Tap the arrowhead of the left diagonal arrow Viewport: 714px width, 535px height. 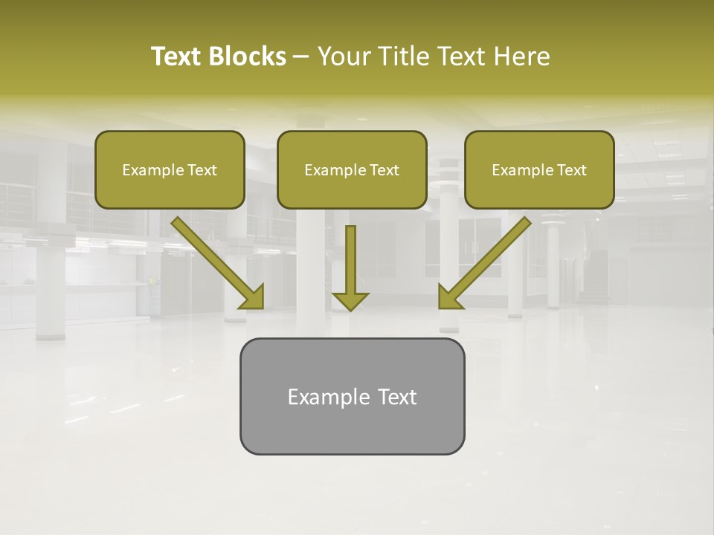pos(253,297)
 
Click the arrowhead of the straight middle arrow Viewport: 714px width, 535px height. pos(350,300)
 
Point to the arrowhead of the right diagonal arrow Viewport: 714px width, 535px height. pos(449,297)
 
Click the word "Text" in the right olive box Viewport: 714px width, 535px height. pos(571,170)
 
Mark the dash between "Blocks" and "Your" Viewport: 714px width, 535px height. pos(301,57)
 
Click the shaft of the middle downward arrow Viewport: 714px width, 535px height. pos(350,256)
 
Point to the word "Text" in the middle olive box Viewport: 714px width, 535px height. pos(384,170)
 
